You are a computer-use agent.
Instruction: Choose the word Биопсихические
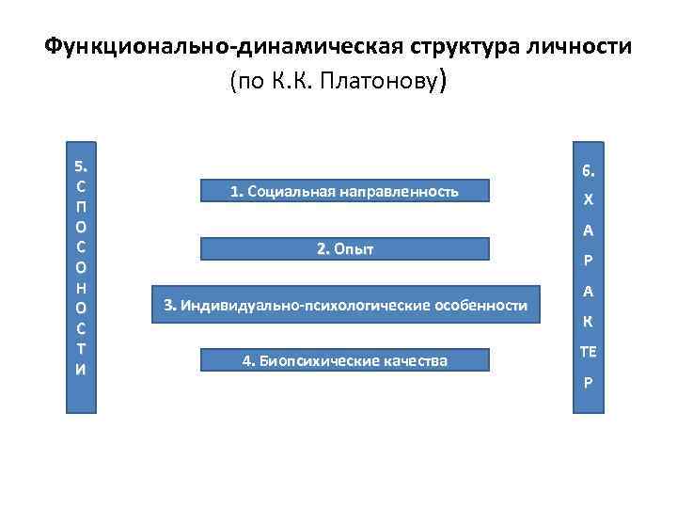coord(317,361)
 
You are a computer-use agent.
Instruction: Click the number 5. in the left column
coord(81,167)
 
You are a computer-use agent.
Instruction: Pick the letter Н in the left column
coord(81,288)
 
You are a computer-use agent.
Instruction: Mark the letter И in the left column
coord(81,368)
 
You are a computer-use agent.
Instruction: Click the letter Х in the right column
coord(588,201)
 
